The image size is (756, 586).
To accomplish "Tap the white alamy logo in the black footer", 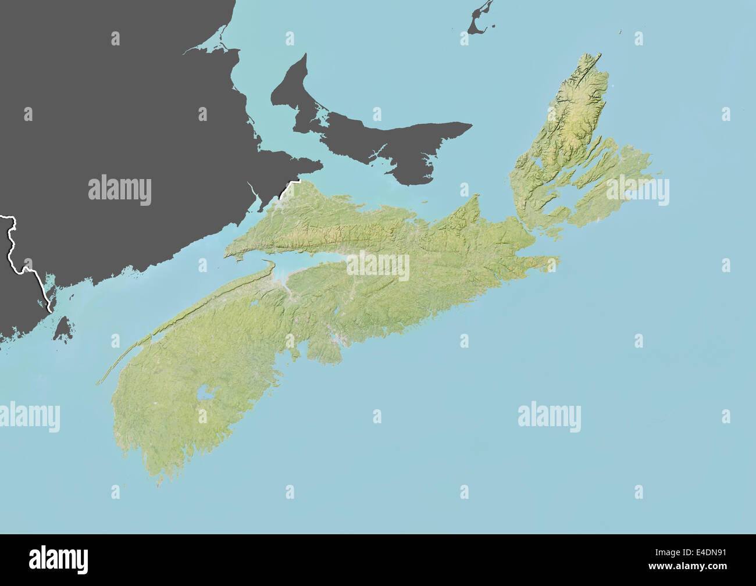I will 58,559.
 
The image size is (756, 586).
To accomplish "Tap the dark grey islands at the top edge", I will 480,20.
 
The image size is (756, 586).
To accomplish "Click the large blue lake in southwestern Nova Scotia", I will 205,394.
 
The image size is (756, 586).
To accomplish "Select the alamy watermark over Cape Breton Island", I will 637,191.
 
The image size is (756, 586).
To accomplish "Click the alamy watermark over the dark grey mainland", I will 120,190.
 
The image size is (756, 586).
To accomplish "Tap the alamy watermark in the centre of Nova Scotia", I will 378,266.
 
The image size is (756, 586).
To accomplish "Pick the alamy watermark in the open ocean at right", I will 549,417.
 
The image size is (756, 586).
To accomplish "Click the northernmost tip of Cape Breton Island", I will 597,55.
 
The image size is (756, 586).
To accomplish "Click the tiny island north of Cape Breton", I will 620,32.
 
